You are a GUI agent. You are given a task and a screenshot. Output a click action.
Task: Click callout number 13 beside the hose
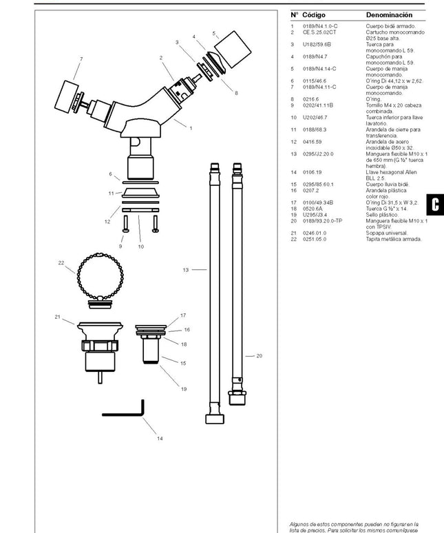(x=185, y=270)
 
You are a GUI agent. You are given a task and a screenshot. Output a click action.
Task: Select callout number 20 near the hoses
(x=259, y=356)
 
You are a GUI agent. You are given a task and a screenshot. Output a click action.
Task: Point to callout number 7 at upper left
(x=81, y=59)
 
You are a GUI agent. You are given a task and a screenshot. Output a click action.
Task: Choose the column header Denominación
(x=389, y=14)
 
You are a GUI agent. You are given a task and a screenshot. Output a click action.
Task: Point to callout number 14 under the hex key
(x=160, y=439)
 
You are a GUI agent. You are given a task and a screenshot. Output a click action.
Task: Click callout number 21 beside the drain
(x=58, y=317)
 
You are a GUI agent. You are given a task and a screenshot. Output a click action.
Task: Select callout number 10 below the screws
(x=140, y=247)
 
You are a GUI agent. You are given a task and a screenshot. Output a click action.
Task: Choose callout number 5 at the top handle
(x=214, y=33)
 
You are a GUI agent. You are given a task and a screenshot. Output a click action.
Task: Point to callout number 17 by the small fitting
(x=184, y=315)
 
